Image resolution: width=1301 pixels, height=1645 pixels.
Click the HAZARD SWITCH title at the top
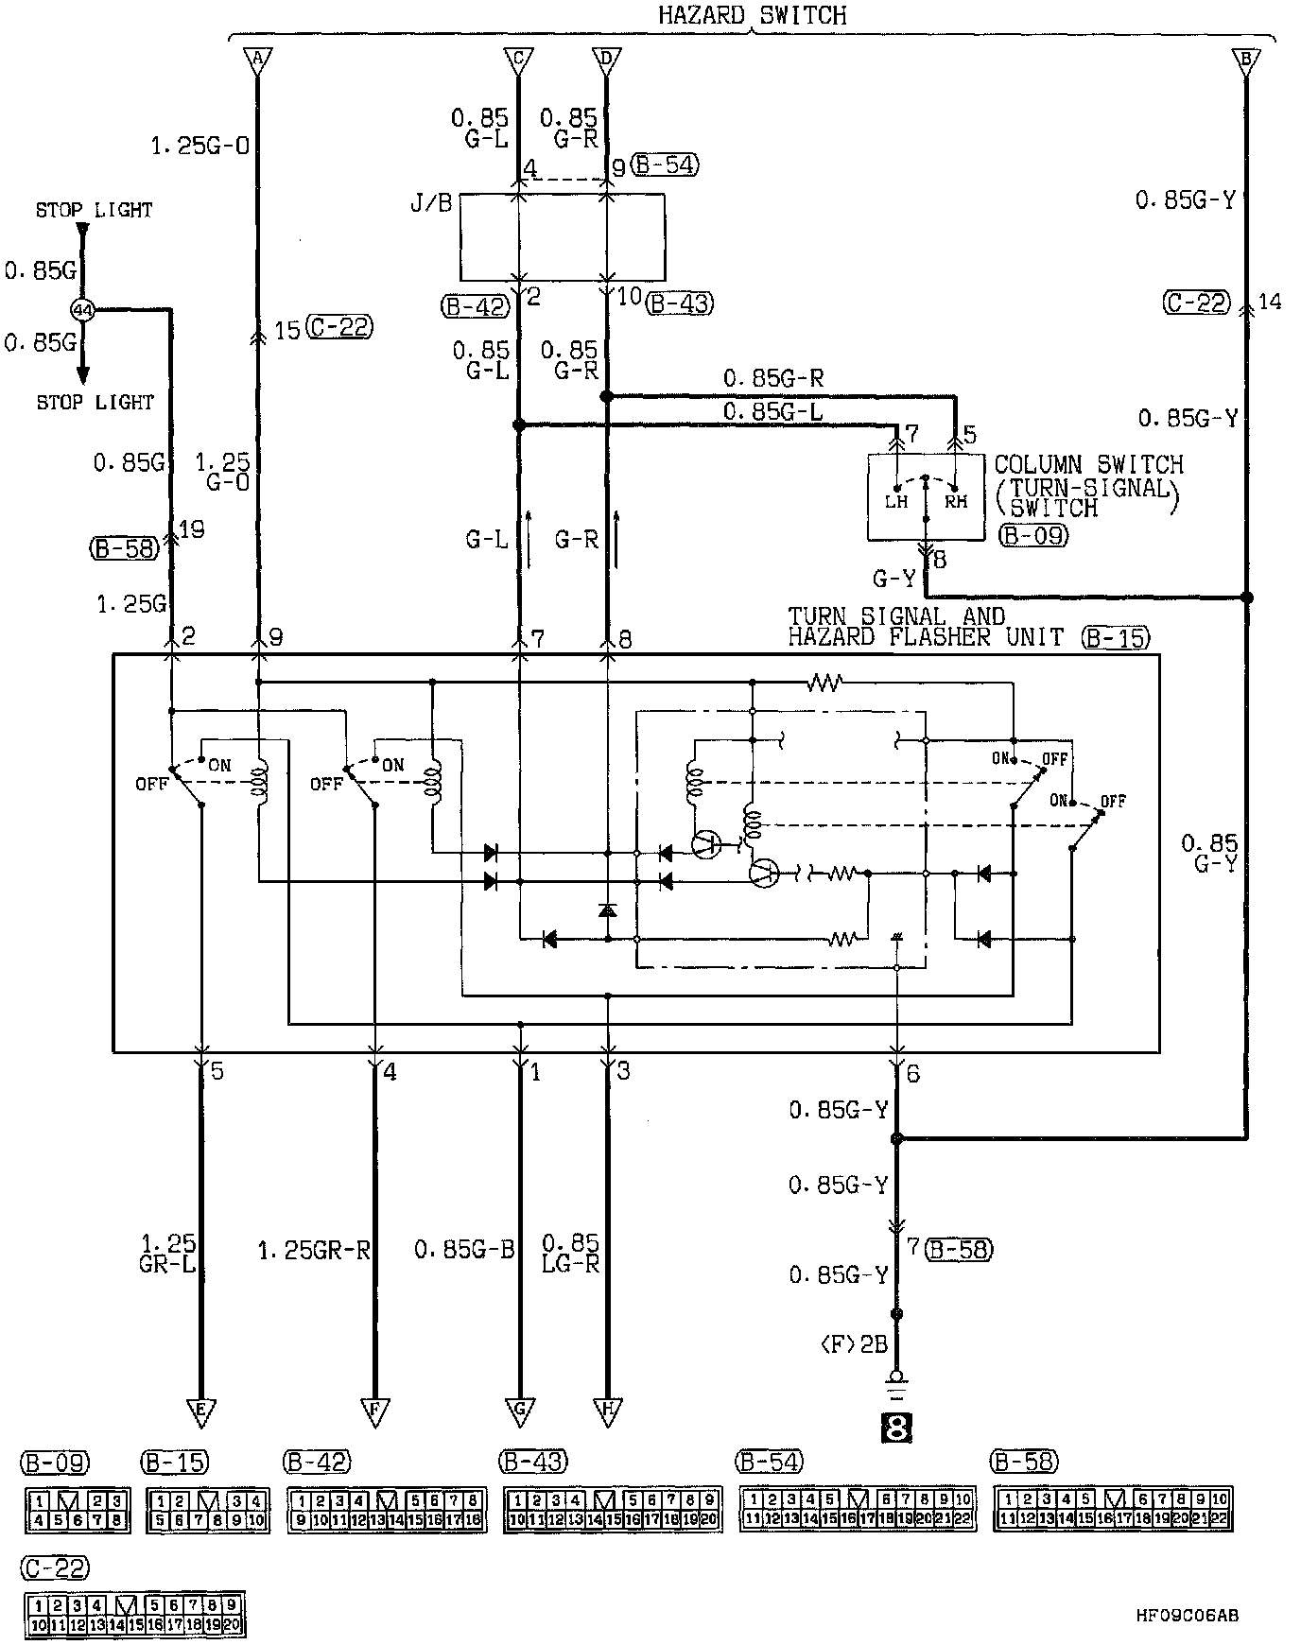tap(752, 15)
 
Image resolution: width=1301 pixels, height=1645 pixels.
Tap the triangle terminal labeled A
tap(255, 61)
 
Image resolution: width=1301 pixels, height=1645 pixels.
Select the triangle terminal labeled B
tap(1245, 61)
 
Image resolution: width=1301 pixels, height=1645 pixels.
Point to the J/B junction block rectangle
tap(562, 237)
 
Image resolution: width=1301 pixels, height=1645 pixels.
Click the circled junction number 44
tap(82, 309)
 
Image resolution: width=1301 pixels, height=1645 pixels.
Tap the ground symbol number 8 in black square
tap(895, 1427)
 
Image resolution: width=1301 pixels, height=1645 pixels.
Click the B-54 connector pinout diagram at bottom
tap(856, 1509)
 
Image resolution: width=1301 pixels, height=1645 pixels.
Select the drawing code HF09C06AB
tap(1187, 1615)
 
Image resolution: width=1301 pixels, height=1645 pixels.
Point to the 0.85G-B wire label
tap(464, 1250)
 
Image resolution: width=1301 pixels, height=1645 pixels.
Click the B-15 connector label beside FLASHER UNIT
tap(1116, 638)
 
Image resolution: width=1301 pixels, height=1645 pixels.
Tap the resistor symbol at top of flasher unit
tap(824, 682)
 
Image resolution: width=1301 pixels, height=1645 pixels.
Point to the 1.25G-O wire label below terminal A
tap(199, 147)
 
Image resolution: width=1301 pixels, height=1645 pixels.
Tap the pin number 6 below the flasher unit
tap(912, 1074)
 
